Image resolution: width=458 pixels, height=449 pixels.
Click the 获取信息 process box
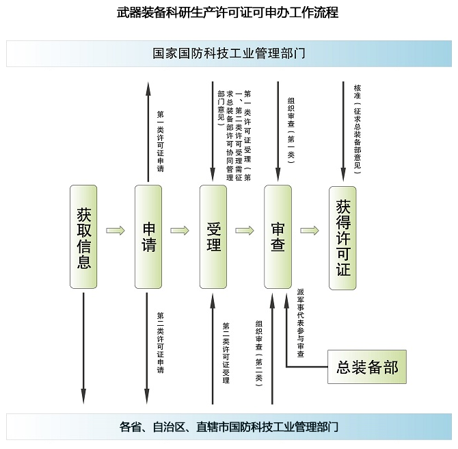click(83, 237)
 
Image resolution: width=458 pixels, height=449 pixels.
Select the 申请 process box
click(148, 237)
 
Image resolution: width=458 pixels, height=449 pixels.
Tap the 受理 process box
click(213, 237)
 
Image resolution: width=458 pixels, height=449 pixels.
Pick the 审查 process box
click(278, 237)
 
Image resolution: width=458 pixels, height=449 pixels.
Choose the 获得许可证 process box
click(342, 238)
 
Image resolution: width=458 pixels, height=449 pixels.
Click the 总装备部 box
click(367, 367)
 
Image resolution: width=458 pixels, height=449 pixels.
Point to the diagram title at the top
click(228, 12)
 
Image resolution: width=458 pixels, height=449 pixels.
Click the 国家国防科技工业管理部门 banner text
click(229, 53)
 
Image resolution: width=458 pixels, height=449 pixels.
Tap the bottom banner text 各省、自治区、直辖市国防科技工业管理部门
click(229, 427)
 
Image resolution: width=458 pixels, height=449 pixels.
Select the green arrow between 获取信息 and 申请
click(116, 231)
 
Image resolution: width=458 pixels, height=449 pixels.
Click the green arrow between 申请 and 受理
click(180, 231)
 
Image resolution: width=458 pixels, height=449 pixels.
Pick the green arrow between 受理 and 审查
click(245, 231)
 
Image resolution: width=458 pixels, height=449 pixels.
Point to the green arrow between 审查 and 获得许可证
click(310, 231)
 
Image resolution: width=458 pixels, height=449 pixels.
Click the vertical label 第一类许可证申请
click(161, 141)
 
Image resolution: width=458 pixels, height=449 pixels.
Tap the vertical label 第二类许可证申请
click(161, 342)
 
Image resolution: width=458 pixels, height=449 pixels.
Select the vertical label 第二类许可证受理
click(226, 352)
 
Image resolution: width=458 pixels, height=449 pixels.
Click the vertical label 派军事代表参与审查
click(301, 323)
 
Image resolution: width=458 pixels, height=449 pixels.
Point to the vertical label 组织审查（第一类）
click(291, 130)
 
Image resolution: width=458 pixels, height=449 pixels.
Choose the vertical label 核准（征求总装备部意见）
click(358, 129)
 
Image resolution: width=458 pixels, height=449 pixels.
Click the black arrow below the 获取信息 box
click(83, 348)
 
